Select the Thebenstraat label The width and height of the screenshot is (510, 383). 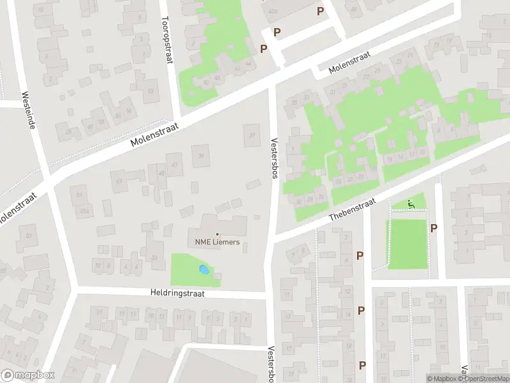point(353,209)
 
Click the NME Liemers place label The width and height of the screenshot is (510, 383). point(217,242)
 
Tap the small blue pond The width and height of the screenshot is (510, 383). point(203,270)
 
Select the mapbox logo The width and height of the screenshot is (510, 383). point(28,375)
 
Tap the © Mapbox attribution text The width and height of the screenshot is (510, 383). point(441,379)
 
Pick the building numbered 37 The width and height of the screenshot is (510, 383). point(252,135)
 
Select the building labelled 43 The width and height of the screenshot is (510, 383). point(173,165)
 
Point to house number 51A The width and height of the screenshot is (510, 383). point(81,210)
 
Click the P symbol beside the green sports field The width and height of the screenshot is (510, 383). point(434,228)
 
